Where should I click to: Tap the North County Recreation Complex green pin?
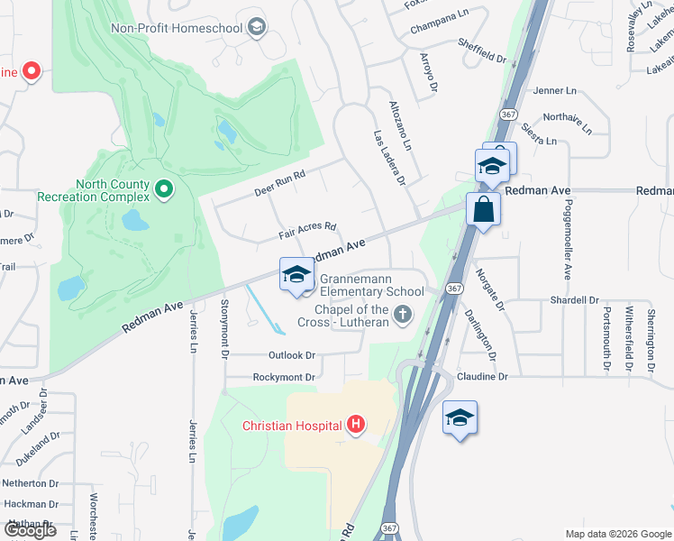tap(163, 189)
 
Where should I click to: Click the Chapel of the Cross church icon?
tap(403, 316)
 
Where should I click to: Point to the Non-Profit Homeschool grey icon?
tap(257, 28)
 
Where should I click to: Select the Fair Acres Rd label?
tap(306, 232)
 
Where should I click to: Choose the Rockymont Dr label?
tap(284, 377)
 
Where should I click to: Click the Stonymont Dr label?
tap(223, 326)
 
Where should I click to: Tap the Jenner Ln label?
tap(554, 91)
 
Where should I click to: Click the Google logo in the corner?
tap(30, 530)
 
